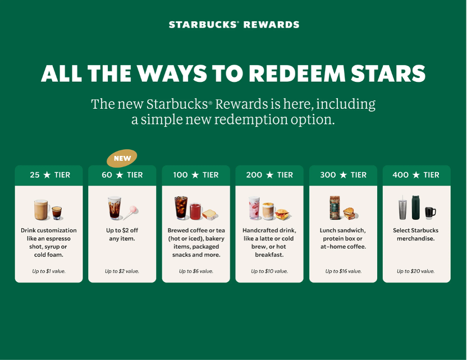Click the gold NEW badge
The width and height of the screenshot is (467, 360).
pos(122,158)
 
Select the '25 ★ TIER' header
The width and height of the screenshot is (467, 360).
pos(50,174)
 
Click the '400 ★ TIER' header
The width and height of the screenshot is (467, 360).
pos(416,174)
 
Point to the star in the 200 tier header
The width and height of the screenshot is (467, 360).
pos(269,175)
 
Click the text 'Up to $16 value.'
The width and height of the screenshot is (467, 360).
pos(343,271)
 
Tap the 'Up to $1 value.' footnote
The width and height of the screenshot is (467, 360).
pos(49,271)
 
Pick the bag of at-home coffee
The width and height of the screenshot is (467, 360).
pos(335,207)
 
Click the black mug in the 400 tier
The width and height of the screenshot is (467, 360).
pos(430,213)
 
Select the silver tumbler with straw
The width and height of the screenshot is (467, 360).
pos(402,209)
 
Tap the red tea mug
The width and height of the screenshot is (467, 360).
pos(195,211)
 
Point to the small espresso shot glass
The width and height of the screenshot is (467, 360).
pos(57,213)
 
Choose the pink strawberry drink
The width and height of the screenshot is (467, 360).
pos(254,207)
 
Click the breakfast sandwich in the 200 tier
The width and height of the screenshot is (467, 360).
pos(282,214)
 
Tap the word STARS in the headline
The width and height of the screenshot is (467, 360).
pos(388,73)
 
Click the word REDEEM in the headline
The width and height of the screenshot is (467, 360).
pos(297,73)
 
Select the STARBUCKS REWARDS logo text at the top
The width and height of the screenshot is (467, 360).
pos(234,25)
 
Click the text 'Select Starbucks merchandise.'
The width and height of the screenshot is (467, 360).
pos(415,234)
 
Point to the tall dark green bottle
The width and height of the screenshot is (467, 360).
pos(416,207)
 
